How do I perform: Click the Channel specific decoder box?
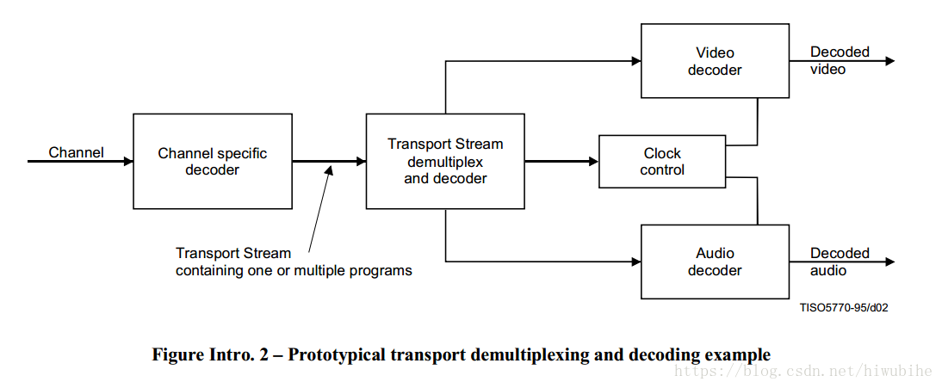click(213, 161)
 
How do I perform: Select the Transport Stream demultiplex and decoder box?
click(445, 161)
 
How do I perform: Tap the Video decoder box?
click(715, 61)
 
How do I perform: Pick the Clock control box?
click(662, 162)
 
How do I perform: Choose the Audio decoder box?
click(715, 262)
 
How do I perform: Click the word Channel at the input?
click(76, 153)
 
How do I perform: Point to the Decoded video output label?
click(840, 60)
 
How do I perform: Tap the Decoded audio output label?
click(840, 262)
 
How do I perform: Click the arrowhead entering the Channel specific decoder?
click(127, 161)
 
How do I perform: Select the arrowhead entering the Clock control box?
click(593, 161)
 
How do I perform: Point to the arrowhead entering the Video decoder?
click(635, 61)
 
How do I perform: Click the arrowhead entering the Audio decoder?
click(635, 262)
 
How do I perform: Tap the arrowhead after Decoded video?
click(889, 61)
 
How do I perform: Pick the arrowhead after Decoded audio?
click(889, 262)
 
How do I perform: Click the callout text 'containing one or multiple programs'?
click(294, 271)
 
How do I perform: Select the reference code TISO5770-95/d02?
click(843, 307)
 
